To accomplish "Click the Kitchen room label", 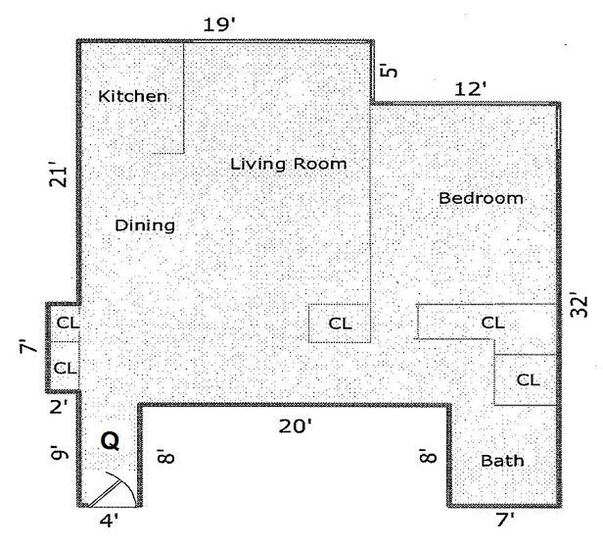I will tap(133, 95).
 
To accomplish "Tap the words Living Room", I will tap(288, 164).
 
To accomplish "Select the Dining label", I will tap(145, 225).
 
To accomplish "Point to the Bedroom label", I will tap(481, 198).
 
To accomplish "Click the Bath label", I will tap(502, 460).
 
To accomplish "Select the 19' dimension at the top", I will tap(219, 25).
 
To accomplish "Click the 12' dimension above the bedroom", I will tap(470, 89).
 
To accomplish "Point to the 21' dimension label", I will tap(61, 174).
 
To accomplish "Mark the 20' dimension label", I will tap(295, 426).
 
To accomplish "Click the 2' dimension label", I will tap(58, 406).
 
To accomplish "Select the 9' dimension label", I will tap(60, 452).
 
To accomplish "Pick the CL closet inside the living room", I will tap(340, 323).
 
